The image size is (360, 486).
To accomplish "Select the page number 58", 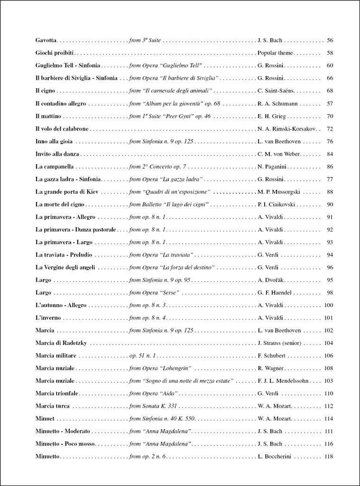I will coord(330,53).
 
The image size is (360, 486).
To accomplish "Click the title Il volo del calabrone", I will coord(62,129).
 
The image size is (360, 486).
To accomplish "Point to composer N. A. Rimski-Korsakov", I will coord(286,129).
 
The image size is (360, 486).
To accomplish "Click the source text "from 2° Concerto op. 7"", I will coord(157,167).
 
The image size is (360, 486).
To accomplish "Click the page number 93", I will coord(330,242).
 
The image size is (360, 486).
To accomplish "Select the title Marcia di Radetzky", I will coord(61,343).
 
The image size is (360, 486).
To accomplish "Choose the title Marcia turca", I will coord(52,406).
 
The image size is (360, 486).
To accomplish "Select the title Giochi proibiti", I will coord(55,53).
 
